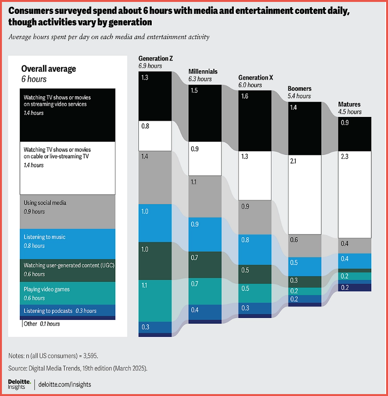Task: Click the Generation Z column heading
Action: [156, 59]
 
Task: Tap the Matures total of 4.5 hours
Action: [350, 112]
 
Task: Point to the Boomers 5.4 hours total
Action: [299, 96]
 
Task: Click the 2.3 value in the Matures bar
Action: [344, 156]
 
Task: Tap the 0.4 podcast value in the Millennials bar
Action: [194, 309]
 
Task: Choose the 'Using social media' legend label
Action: [45, 203]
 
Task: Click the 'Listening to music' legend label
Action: [44, 237]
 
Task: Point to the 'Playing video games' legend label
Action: [47, 289]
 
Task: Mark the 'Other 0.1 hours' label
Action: [42, 324]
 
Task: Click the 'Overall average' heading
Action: [48, 69]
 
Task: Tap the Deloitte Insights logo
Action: [20, 384]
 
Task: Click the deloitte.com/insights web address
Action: [65, 384]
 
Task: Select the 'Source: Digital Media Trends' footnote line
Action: [77, 368]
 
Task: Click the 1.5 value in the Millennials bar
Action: [194, 90]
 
